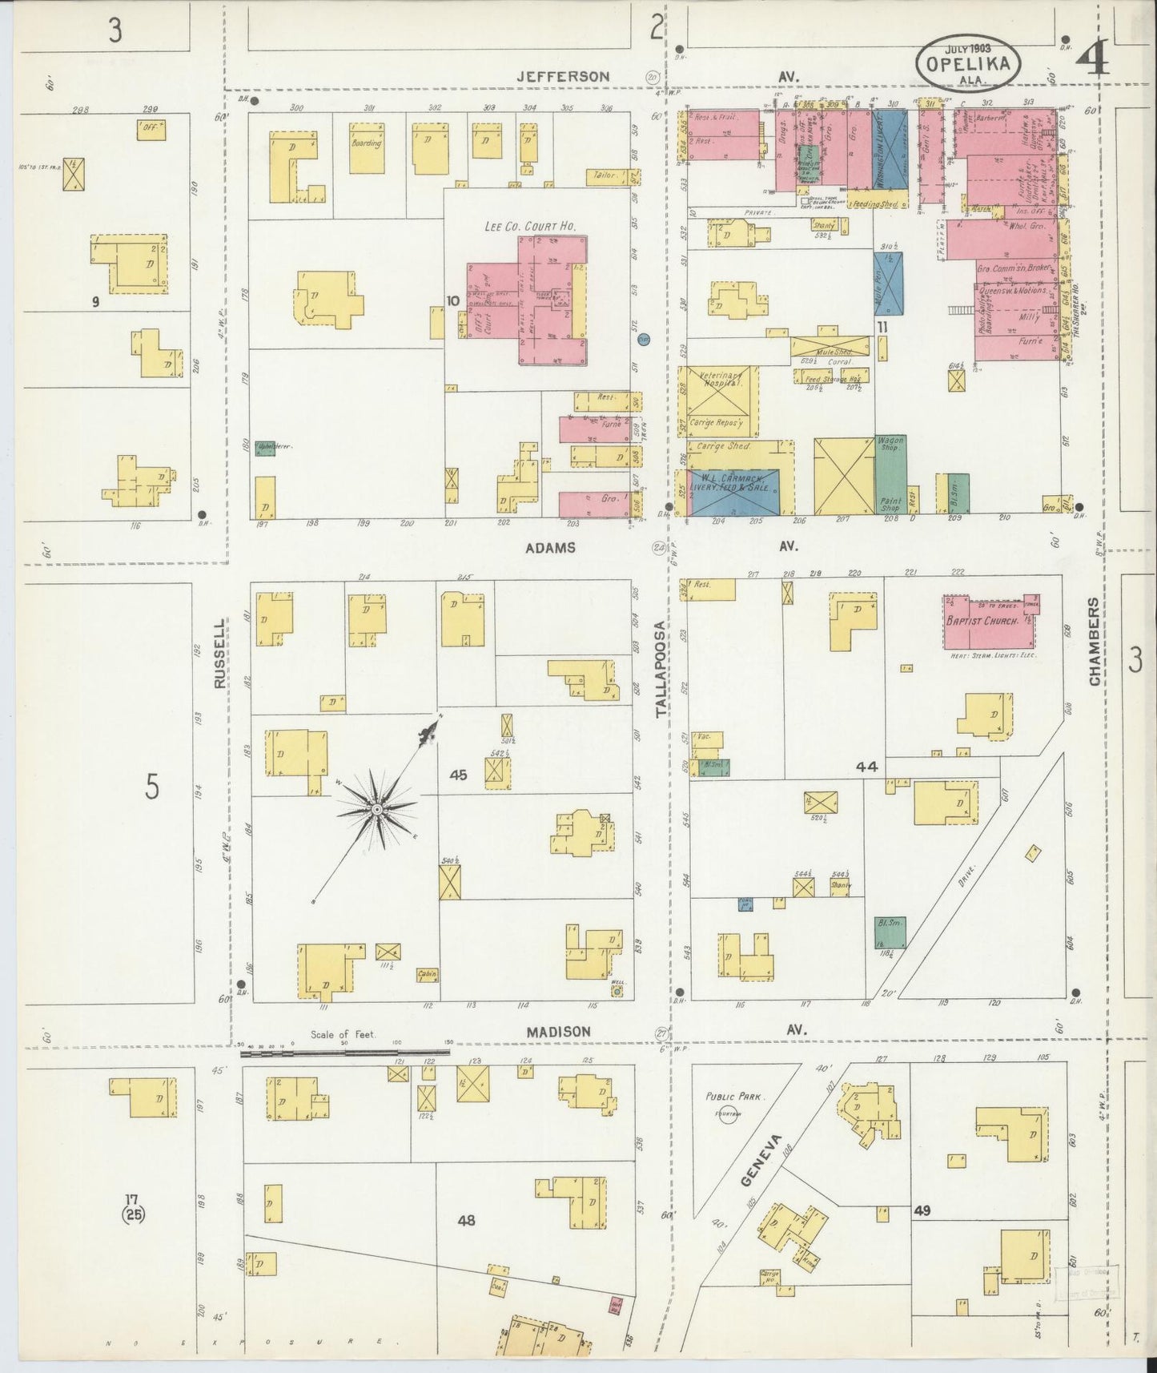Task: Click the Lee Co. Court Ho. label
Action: pos(530,227)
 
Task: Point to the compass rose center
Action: pos(376,809)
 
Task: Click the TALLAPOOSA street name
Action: pos(661,669)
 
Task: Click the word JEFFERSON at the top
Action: pos(563,76)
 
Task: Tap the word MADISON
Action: pos(558,1032)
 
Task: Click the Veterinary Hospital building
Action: pos(717,391)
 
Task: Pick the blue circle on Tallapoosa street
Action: pos(643,340)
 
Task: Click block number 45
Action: pos(458,775)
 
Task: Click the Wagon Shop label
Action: pos(890,445)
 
